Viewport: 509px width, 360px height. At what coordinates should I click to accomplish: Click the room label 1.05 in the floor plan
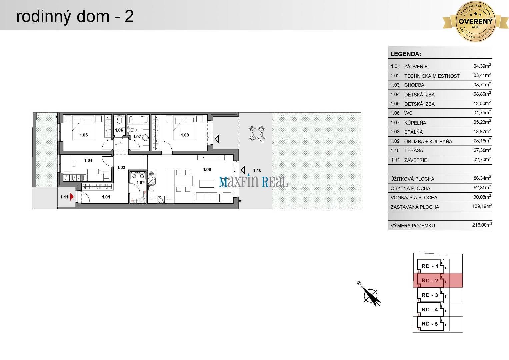(83, 135)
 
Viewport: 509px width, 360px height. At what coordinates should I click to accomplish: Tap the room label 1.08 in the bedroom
(185, 135)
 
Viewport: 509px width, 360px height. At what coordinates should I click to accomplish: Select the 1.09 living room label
(207, 169)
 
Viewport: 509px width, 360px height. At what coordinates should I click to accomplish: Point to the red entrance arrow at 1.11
(72, 197)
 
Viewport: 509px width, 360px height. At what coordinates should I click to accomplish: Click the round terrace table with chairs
(257, 133)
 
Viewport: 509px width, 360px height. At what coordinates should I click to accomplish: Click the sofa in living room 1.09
(207, 197)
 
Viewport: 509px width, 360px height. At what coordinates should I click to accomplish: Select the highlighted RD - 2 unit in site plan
(430, 281)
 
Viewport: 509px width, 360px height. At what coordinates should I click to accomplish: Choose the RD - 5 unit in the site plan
(430, 324)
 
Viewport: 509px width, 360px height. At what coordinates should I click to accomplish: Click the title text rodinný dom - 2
(75, 16)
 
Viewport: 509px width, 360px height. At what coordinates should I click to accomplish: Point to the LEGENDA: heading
(406, 54)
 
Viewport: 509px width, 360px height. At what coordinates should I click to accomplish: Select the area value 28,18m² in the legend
(482, 141)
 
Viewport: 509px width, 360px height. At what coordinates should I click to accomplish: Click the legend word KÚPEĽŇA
(415, 123)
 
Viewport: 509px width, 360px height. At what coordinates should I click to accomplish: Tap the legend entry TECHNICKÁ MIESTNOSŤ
(432, 76)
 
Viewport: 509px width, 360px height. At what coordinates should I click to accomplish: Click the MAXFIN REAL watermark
(253, 182)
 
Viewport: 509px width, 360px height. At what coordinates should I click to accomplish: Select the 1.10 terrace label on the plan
(257, 170)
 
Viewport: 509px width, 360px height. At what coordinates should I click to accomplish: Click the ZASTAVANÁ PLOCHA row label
(415, 207)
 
